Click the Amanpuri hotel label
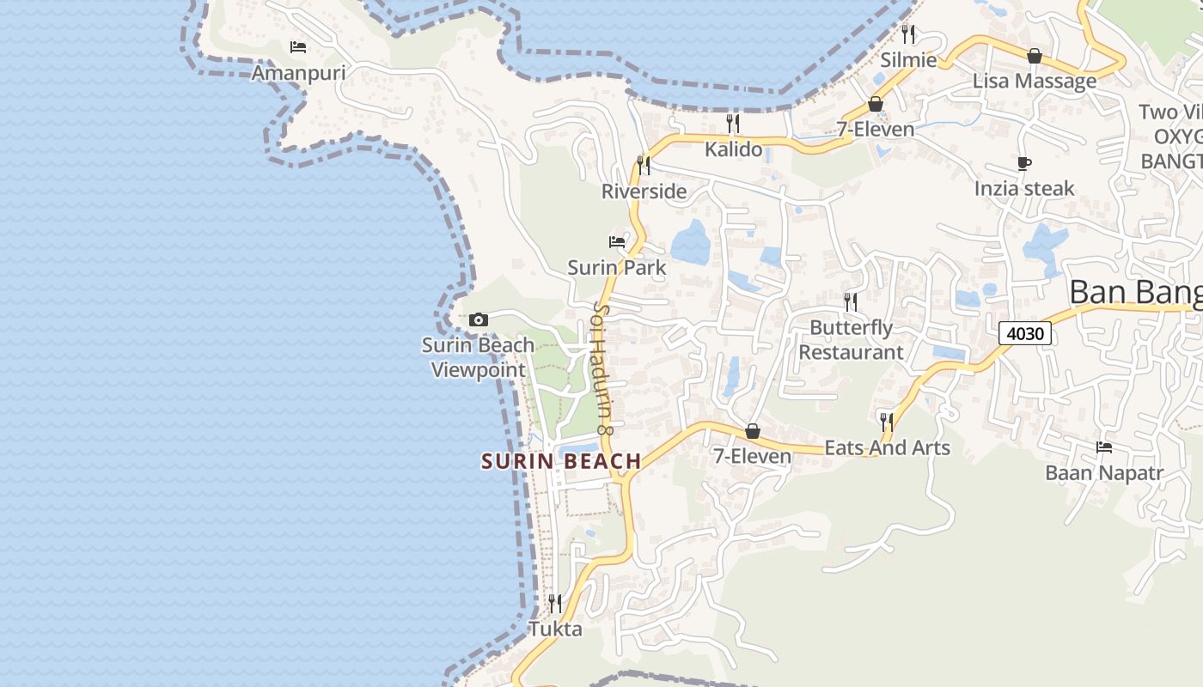298,73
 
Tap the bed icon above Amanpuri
298,46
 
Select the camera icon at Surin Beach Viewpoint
479,320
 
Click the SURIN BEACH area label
561,462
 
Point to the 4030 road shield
1025,332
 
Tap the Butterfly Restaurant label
851,340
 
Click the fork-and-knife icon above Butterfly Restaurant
851,301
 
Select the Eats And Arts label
887,447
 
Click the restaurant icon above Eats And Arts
887,422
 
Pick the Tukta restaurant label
555,629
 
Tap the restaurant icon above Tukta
555,603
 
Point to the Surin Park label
617,268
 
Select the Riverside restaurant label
644,192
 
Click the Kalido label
733,149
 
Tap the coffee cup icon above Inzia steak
1023,163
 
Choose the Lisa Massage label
1035,82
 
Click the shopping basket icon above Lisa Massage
1035,56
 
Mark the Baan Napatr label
1104,473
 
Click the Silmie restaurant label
908,60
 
